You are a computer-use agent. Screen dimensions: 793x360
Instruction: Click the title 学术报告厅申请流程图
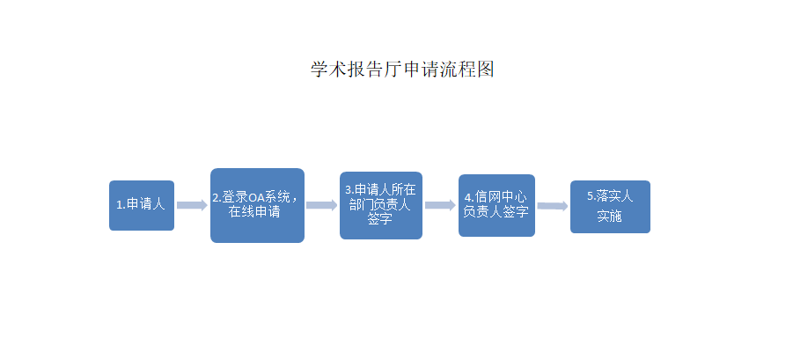point(402,69)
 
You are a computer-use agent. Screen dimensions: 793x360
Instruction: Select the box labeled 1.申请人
point(142,205)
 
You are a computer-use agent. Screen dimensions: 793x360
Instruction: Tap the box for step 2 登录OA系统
point(257,205)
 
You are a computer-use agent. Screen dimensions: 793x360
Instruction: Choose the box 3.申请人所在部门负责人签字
point(381,205)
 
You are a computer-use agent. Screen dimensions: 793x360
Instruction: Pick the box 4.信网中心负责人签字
point(496,205)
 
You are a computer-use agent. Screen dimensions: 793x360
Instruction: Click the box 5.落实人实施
point(611,207)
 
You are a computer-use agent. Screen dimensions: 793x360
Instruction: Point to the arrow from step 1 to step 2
point(192,205)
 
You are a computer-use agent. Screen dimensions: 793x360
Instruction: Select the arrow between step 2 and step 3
point(321,205)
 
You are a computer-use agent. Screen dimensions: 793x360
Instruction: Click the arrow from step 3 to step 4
point(440,205)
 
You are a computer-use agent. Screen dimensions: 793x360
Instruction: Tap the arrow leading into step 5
point(553,206)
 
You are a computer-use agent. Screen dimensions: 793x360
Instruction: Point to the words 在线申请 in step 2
point(255,212)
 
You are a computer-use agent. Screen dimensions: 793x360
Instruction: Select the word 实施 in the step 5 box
point(609,217)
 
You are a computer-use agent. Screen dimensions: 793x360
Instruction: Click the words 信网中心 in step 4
point(501,198)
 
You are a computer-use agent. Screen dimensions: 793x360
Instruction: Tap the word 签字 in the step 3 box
point(380,220)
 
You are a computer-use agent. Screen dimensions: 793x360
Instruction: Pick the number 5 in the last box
point(590,196)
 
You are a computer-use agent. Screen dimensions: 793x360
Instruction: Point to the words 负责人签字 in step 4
point(496,212)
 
